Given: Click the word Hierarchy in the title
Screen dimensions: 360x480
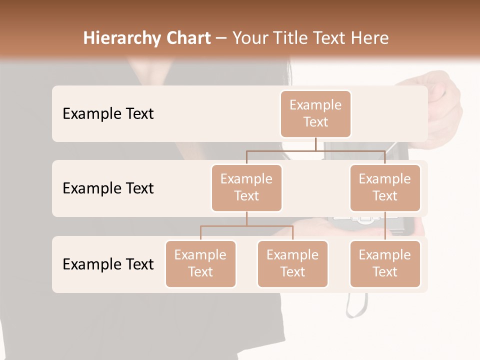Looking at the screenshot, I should [x=121, y=38].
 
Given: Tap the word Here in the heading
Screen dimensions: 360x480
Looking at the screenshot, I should [x=369, y=38].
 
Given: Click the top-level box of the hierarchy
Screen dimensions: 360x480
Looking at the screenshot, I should [x=315, y=113].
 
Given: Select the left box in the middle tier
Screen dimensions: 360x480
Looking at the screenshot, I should [x=246, y=187].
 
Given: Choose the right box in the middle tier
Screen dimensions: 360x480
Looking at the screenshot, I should [x=385, y=187].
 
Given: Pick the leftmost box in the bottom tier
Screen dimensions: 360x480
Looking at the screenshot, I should [x=200, y=263].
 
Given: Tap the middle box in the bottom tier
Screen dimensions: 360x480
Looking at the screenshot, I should [x=292, y=263].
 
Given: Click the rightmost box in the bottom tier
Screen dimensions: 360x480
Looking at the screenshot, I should [x=385, y=263].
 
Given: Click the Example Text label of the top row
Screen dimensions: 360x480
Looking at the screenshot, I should [x=108, y=114].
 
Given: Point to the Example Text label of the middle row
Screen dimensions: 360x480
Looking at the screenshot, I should [x=108, y=188].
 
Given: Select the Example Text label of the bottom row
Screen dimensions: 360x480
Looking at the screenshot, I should [x=108, y=264].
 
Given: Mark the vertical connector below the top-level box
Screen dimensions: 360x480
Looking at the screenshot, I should [x=315, y=144].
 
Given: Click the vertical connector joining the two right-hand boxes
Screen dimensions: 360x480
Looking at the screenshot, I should [x=385, y=226].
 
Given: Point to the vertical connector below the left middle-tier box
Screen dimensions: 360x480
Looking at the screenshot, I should [x=246, y=218].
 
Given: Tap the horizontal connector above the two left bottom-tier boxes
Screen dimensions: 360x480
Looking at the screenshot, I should [x=246, y=226].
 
